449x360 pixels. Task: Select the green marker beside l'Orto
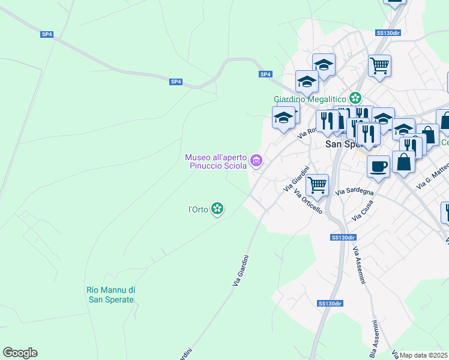tap(218, 209)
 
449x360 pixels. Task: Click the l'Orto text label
tap(198, 209)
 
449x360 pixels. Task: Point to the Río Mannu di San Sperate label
tap(110, 295)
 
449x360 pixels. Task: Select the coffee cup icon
tap(378, 166)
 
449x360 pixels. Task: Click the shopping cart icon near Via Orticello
tap(317, 184)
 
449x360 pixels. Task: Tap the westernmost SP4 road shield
tap(47, 34)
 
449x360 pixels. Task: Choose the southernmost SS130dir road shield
tap(330, 304)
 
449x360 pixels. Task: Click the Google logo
tap(20, 353)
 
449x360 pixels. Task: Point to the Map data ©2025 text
tap(423, 355)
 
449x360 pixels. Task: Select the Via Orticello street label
tap(308, 202)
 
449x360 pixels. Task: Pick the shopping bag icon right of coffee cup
tap(403, 161)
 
